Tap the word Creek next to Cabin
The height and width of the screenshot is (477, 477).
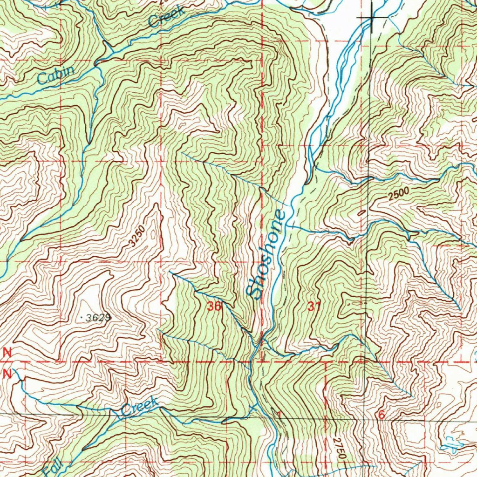pos(166,17)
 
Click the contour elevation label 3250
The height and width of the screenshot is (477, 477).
pos(136,237)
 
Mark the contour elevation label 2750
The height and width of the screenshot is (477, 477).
pos(340,450)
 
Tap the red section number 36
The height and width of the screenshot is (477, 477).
pos(215,307)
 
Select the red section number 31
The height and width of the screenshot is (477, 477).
pos(314,307)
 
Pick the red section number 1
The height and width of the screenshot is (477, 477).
pos(279,415)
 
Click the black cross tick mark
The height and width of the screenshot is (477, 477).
pos(372,18)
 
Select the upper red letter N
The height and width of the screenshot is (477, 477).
pos(7,353)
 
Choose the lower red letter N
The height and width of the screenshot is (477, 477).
pos(7,373)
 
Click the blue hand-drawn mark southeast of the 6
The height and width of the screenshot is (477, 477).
pos(451,445)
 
